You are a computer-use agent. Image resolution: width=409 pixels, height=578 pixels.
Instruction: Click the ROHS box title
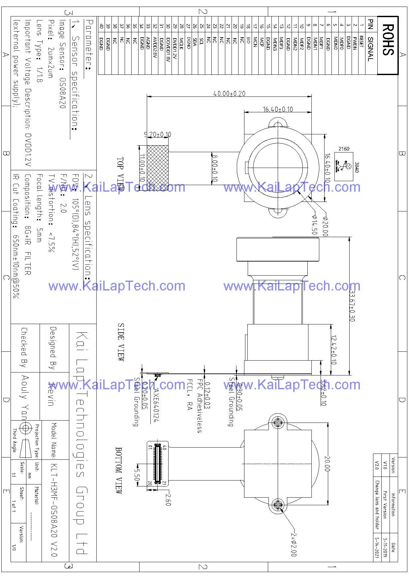pyautogui.click(x=388, y=40)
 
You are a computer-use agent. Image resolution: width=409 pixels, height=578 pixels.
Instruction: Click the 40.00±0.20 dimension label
pyautogui.click(x=229, y=94)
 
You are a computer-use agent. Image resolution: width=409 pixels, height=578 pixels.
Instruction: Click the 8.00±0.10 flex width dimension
pyautogui.click(x=215, y=168)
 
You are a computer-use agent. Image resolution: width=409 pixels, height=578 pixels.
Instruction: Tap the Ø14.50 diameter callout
pyautogui.click(x=314, y=225)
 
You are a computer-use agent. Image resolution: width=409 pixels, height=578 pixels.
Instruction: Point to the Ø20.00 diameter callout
pyautogui.click(x=325, y=227)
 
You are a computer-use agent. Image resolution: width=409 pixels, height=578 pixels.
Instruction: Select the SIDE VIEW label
pyautogui.click(x=121, y=342)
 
